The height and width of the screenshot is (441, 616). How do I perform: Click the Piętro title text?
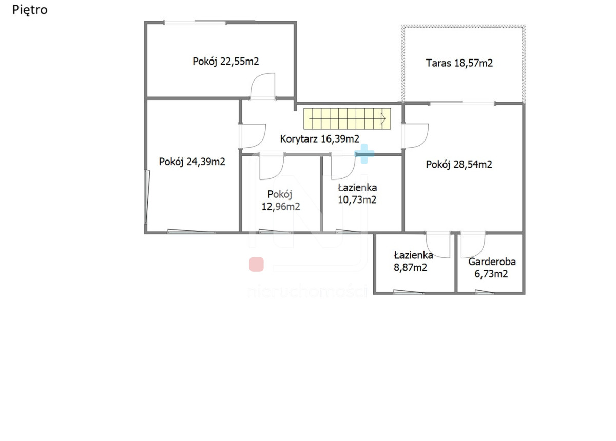tap(30, 10)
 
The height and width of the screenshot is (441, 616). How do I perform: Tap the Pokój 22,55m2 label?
tap(225, 61)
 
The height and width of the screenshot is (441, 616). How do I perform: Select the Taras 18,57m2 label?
tap(459, 63)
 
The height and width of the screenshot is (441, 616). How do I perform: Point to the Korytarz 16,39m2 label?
tap(319, 139)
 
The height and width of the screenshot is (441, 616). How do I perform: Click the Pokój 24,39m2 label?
tap(192, 162)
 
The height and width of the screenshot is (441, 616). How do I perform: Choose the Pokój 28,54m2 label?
tap(459, 164)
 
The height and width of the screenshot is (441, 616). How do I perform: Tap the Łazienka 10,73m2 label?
tap(357, 194)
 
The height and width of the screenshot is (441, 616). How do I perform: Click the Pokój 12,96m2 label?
tap(280, 201)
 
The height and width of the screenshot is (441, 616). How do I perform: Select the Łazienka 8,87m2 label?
tap(413, 262)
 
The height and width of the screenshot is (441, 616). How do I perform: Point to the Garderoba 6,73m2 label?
tap(492, 268)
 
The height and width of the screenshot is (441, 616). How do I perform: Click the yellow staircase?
tap(347, 118)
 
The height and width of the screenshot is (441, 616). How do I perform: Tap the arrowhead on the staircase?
tap(383, 119)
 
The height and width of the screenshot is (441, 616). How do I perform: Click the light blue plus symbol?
tap(364, 154)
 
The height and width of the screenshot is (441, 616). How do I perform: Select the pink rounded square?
tap(256, 264)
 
